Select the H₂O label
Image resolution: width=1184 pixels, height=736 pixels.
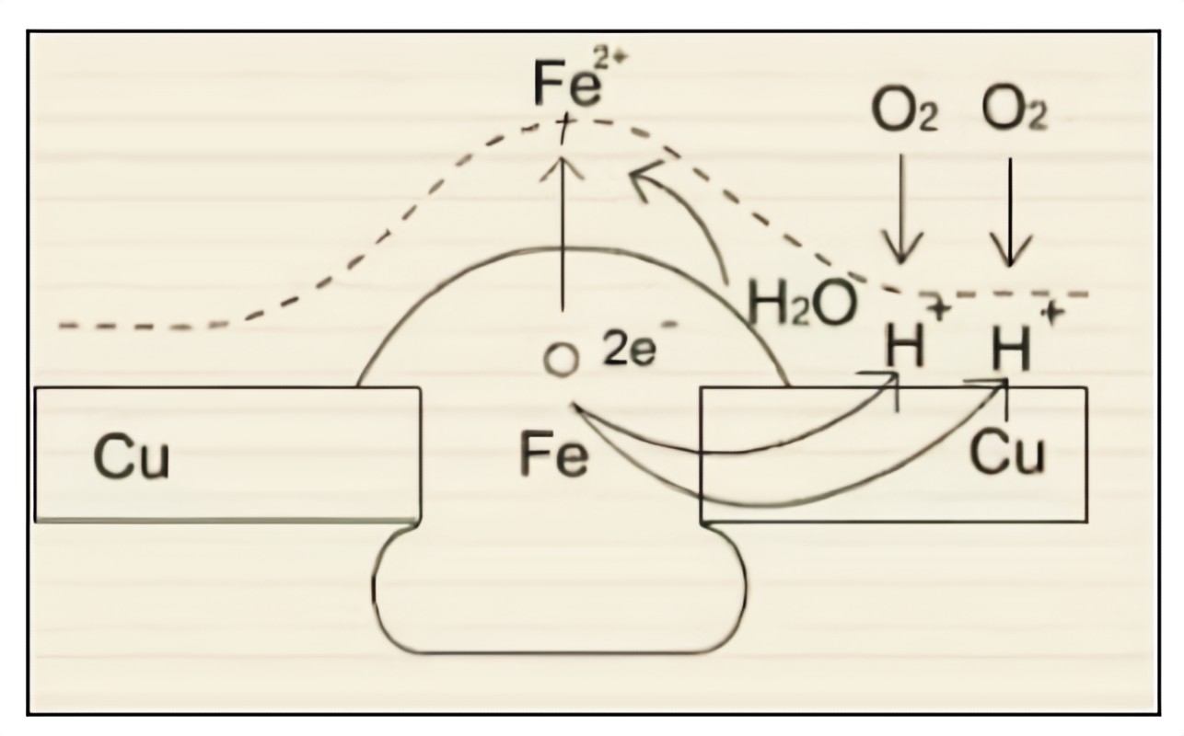pyautogui.click(x=802, y=304)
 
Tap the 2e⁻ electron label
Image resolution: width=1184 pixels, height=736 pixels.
pyautogui.click(x=629, y=351)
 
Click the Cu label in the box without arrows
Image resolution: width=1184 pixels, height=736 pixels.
pyautogui.click(x=132, y=456)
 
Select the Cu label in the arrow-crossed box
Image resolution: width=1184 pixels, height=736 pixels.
pyautogui.click(x=1009, y=452)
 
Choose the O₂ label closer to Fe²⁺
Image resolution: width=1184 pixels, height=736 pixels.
pyautogui.click(x=905, y=111)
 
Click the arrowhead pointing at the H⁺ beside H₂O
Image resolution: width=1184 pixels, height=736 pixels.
pyautogui.click(x=889, y=376)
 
